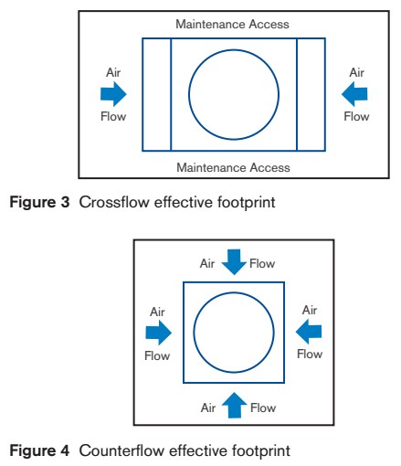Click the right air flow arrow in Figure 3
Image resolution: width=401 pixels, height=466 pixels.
click(354, 93)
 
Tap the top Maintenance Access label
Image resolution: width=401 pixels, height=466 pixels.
click(233, 22)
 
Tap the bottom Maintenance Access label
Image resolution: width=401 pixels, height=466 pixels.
click(233, 167)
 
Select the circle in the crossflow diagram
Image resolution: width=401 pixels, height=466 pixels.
click(234, 94)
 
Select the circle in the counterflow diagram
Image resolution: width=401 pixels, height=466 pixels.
click(234, 333)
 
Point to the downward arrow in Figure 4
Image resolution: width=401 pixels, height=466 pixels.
click(234, 263)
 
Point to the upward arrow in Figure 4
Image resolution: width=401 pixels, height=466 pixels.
click(234, 404)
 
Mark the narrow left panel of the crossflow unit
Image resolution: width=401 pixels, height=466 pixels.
click(156, 94)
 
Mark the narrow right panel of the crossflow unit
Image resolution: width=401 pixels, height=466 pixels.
click(311, 94)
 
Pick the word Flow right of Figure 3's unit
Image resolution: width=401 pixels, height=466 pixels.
click(355, 117)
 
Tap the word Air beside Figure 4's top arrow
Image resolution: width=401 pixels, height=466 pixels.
click(208, 262)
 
